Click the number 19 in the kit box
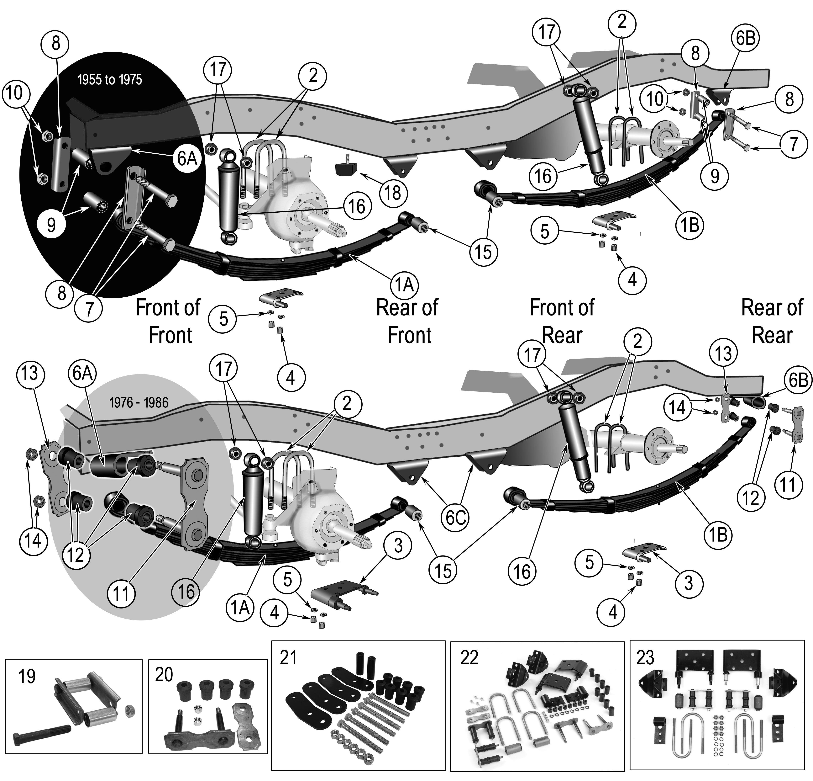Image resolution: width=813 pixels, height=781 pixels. click(x=27, y=677)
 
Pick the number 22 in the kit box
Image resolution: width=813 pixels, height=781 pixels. click(x=469, y=658)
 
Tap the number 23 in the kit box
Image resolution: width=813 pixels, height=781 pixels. click(x=645, y=657)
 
